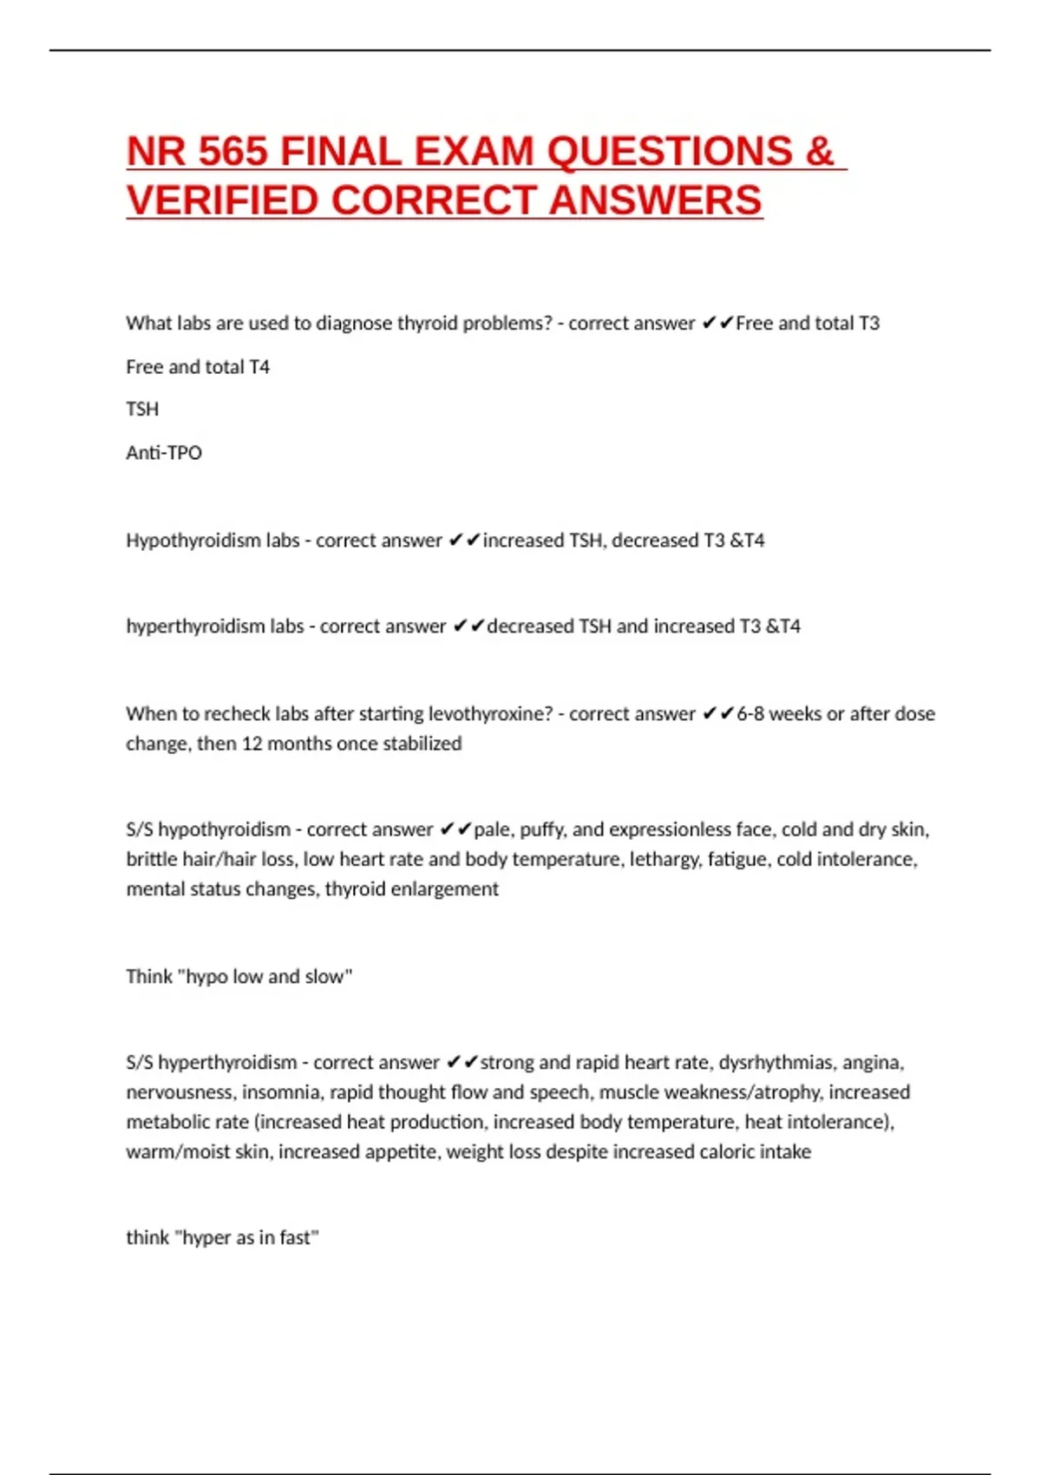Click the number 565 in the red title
pos(233,152)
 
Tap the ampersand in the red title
pos(820,152)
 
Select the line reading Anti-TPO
pos(164,453)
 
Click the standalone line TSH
pos(142,410)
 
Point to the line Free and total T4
pos(198,367)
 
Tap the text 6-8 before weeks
pos(750,714)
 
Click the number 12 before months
pos(252,744)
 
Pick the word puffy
pos(543,829)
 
